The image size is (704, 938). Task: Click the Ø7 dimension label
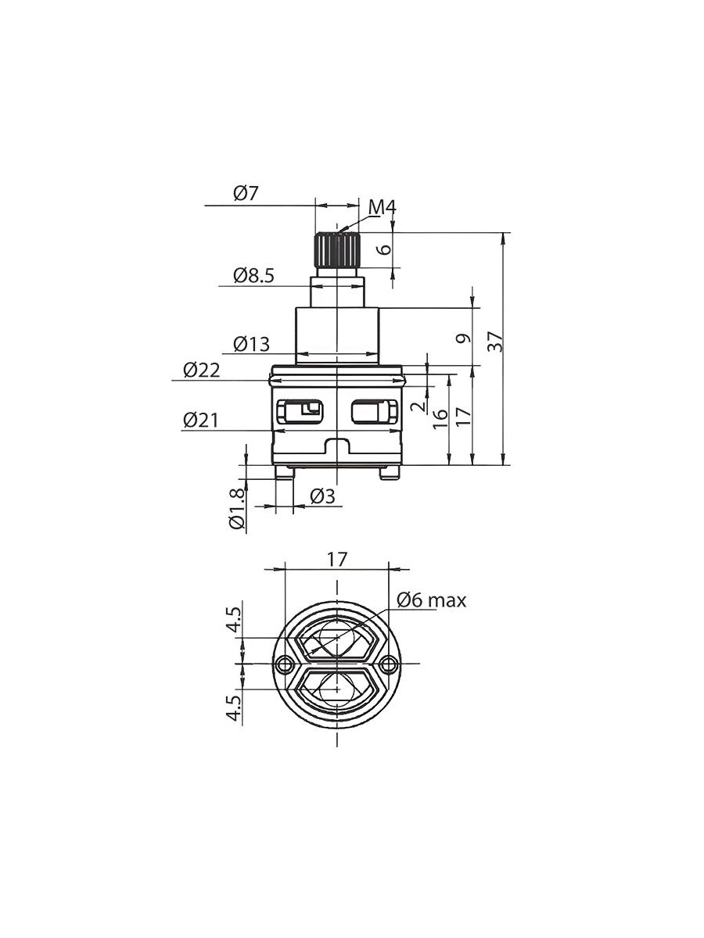[x=246, y=194]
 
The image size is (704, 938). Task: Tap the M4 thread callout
[x=383, y=208]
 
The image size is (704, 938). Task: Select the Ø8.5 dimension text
[x=253, y=276]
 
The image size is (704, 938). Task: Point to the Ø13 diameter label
[x=252, y=344]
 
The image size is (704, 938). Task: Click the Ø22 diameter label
[x=201, y=370]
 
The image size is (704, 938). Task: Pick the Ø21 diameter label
[x=200, y=420]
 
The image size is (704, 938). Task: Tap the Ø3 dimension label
[x=323, y=496]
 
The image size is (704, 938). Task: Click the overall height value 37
[x=496, y=341]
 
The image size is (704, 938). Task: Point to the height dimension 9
[x=463, y=338]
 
